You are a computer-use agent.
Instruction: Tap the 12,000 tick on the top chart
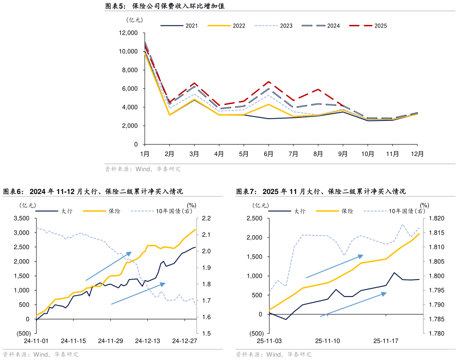[x=129, y=33]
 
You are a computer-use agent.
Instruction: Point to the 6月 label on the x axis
[x=269, y=154]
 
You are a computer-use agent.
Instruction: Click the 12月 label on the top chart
[x=417, y=154]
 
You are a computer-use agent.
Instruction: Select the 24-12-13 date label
[x=147, y=341]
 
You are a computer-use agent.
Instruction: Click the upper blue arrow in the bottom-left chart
[x=109, y=266]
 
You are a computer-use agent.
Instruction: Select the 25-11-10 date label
[x=327, y=341]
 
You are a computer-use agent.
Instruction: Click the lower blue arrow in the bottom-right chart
[x=354, y=304]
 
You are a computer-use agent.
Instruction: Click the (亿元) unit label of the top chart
[x=135, y=20]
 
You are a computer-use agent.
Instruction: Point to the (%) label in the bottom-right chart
[x=425, y=205]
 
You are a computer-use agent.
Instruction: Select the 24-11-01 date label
[x=36, y=341]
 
